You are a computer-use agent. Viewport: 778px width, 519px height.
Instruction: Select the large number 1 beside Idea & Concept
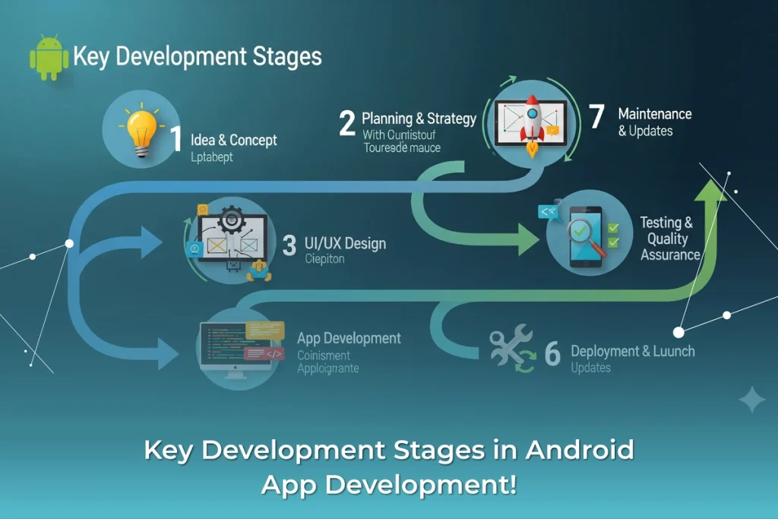(x=176, y=140)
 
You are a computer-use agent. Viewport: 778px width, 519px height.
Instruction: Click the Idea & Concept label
(x=234, y=140)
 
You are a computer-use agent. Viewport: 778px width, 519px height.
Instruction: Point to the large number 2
(x=347, y=122)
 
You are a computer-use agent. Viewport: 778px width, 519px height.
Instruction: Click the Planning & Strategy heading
(x=419, y=119)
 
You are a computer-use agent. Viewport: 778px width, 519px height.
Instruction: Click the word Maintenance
(x=654, y=114)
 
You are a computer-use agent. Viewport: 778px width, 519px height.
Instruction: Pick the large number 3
(x=289, y=245)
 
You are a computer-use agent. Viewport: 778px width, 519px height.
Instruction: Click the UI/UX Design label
(x=344, y=244)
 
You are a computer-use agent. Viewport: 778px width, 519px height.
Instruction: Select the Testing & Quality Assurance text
(x=669, y=239)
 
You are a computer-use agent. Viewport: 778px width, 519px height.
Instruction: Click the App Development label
(x=349, y=338)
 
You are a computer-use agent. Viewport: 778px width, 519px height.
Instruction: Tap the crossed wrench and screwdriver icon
(x=506, y=347)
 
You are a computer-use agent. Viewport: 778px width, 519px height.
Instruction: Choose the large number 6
(x=552, y=353)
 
